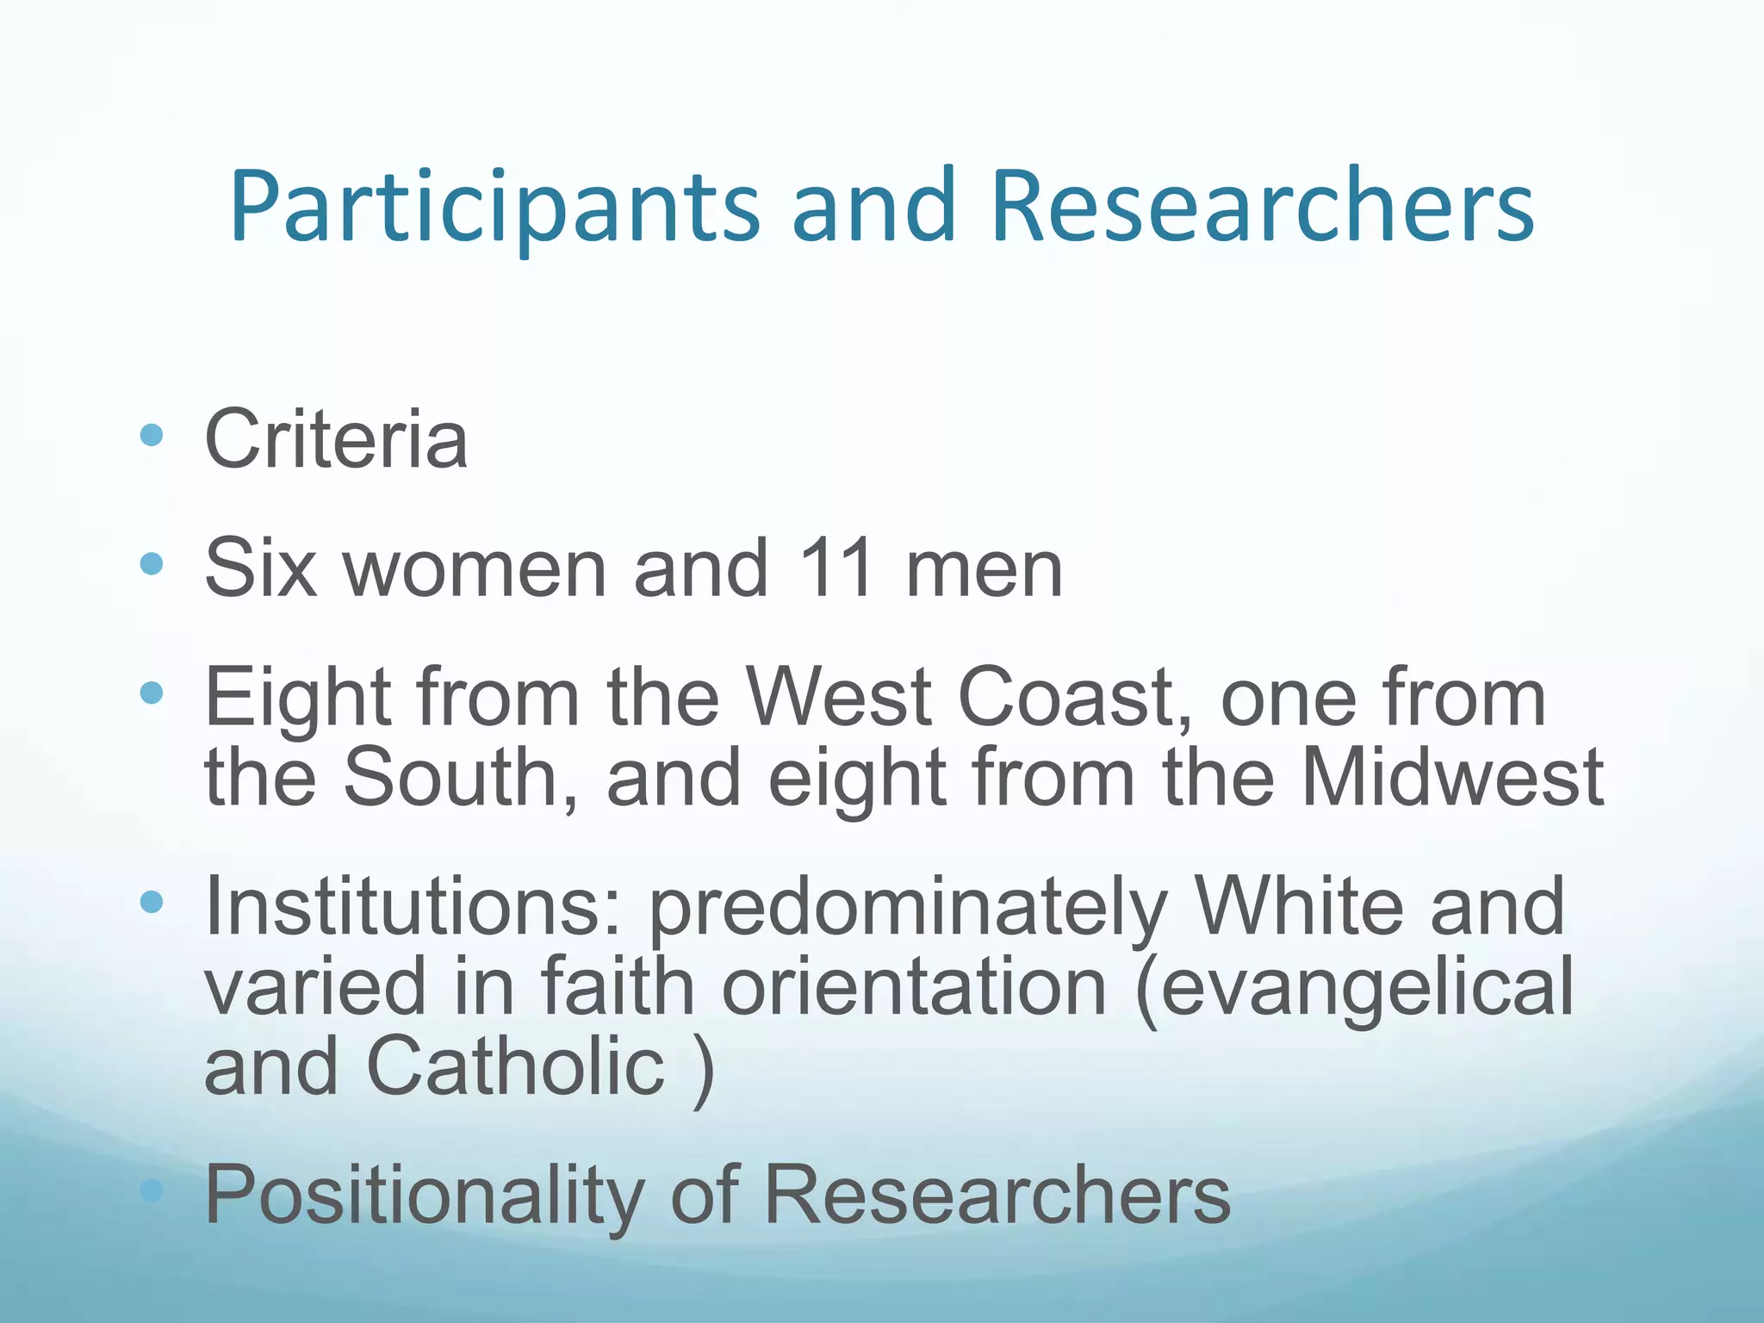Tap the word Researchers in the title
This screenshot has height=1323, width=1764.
(x=1262, y=207)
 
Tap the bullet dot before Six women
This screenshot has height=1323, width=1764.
(x=152, y=564)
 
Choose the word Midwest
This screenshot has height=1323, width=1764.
(x=1452, y=777)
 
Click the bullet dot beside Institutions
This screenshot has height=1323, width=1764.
(x=152, y=902)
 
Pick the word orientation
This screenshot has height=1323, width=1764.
(x=914, y=987)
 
